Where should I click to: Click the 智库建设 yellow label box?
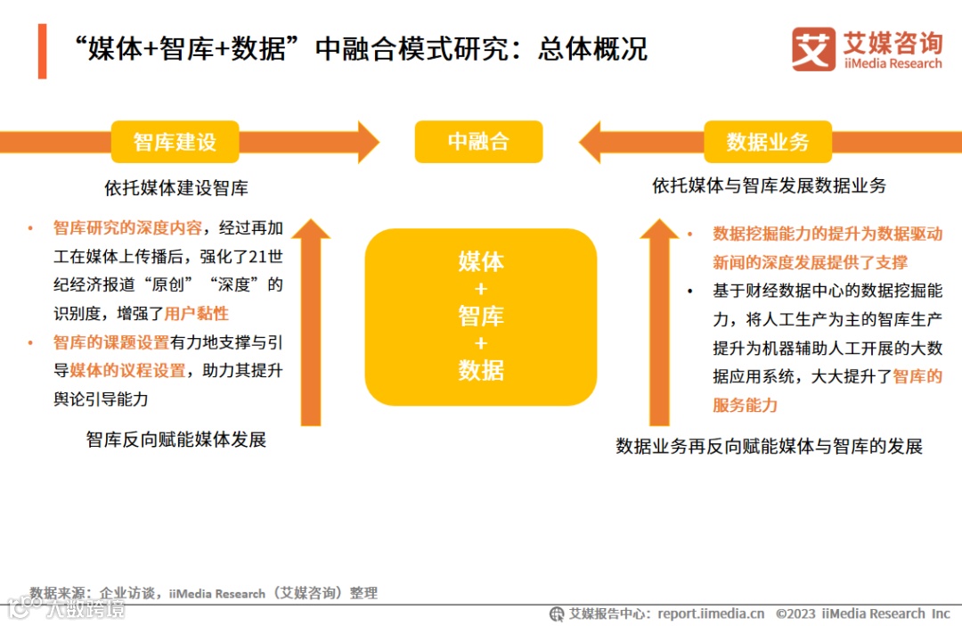click(175, 142)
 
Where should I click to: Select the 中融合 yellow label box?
click(478, 142)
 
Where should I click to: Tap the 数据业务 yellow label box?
click(767, 142)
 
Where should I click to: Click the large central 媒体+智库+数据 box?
click(480, 317)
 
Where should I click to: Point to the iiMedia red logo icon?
click(812, 50)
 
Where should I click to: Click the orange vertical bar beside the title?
click(42, 51)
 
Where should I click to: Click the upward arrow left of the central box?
click(311, 321)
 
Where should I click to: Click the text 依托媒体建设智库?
click(175, 188)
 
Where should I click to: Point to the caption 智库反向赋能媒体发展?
click(175, 440)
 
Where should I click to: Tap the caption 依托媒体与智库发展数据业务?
click(769, 186)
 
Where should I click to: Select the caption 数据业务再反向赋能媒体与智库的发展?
click(769, 447)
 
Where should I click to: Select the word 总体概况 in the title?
click(592, 49)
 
